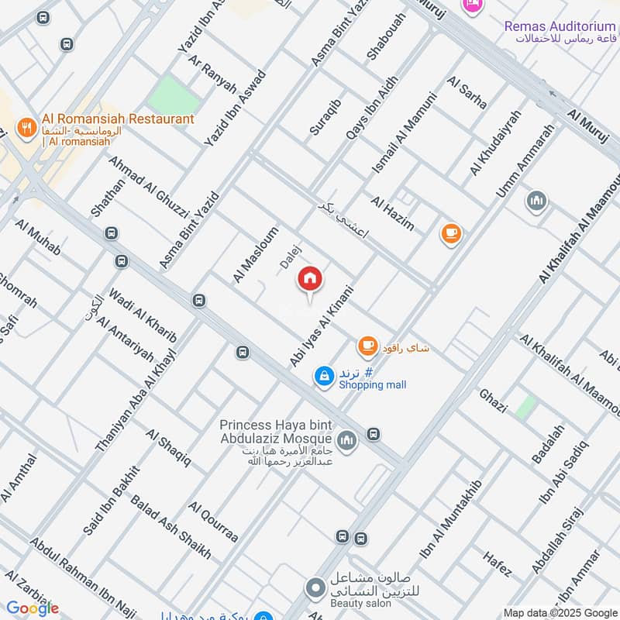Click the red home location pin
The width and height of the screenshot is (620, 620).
(x=310, y=279)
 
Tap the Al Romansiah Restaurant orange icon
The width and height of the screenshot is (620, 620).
(x=27, y=128)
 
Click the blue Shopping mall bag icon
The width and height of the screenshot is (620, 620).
(x=323, y=376)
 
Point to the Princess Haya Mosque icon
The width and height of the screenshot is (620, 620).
(x=346, y=439)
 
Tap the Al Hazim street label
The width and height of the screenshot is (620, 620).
(x=392, y=214)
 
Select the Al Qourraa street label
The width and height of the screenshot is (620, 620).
(x=212, y=522)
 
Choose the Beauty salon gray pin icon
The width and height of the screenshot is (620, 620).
(x=315, y=588)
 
